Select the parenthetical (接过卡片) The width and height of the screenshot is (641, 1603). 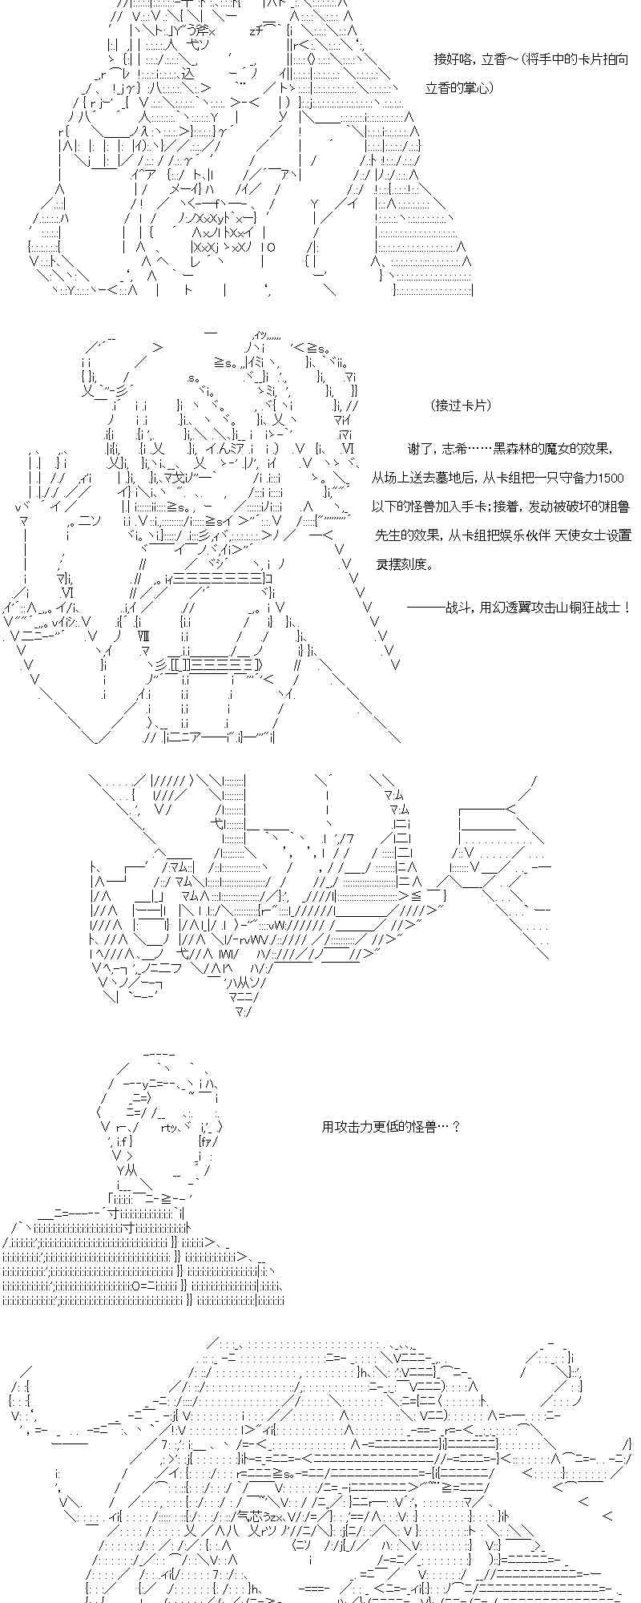pyautogui.click(x=461, y=405)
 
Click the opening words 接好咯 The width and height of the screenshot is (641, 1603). pyautogui.click(x=450, y=59)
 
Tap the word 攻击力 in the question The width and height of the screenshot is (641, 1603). pyautogui.click(x=358, y=1126)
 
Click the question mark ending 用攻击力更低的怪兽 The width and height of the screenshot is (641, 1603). pyautogui.click(x=456, y=1126)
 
